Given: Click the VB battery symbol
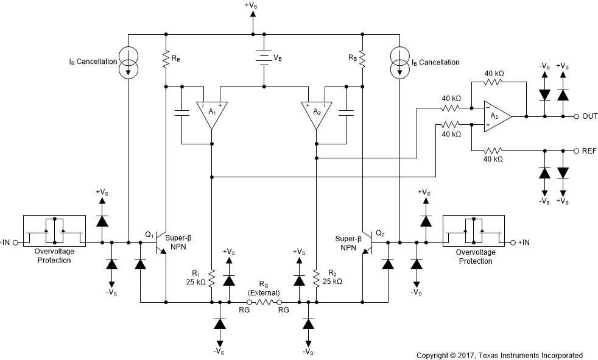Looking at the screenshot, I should (x=263, y=58).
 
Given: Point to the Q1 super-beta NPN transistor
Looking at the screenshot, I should (x=160, y=242).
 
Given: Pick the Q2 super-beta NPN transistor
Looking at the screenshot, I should (x=367, y=242).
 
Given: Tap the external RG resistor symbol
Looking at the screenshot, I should (x=264, y=302).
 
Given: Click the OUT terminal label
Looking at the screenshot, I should (x=589, y=116).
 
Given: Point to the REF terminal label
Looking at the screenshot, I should (x=589, y=150).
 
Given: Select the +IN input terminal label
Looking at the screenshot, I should (x=524, y=242).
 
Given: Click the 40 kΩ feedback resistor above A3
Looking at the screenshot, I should (x=493, y=82).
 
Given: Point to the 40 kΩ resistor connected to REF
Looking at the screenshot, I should (x=493, y=150).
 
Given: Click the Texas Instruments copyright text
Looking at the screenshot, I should (x=499, y=355).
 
